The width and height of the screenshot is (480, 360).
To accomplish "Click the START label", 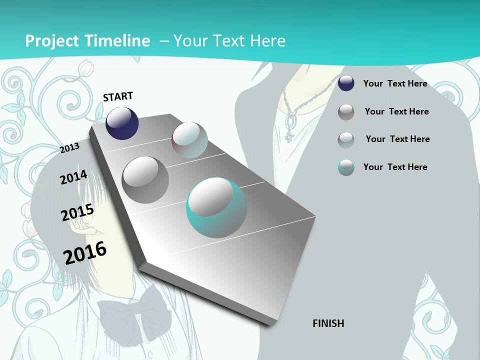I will [118, 96].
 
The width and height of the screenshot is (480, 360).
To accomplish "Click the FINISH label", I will [328, 323].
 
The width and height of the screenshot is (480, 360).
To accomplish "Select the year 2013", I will [70, 147].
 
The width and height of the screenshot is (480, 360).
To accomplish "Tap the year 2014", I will [73, 177].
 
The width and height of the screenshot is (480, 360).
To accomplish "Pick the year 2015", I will [77, 212].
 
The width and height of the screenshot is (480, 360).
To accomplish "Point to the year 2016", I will [85, 252].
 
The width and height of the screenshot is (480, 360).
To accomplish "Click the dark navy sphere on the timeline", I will [122, 123].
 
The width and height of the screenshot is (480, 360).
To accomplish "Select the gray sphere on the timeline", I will [145, 179].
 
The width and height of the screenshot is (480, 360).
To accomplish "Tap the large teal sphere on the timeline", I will [216, 207].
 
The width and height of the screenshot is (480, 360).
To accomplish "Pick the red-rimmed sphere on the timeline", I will [189, 140].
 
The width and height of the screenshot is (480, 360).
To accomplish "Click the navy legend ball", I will [346, 83].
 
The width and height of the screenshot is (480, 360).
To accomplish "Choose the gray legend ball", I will [346, 112].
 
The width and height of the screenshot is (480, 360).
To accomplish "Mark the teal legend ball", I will [346, 167].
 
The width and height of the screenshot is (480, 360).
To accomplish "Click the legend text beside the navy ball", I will [395, 83].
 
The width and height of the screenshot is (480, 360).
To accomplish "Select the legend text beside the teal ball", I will [395, 167].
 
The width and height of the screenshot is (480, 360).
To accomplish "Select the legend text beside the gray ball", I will [396, 111].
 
